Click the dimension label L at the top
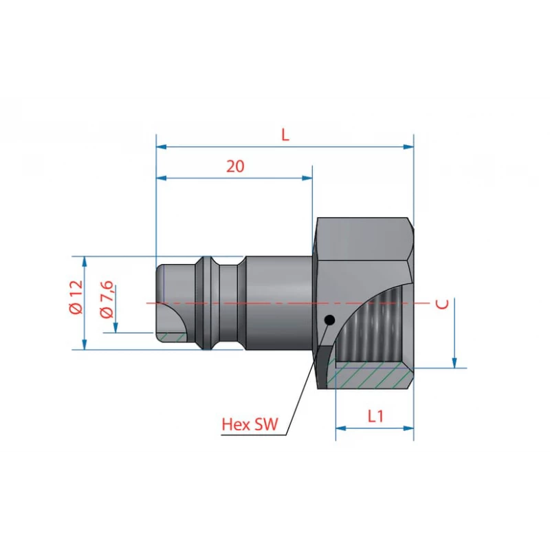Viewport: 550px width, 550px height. [x=285, y=135]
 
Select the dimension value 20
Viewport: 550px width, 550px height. [x=235, y=166]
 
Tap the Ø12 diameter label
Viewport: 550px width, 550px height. [x=76, y=297]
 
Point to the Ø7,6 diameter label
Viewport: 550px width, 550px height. [x=107, y=299]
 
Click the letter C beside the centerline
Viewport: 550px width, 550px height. [x=442, y=304]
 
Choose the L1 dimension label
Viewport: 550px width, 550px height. [x=375, y=416]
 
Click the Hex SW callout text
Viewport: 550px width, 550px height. [x=250, y=424]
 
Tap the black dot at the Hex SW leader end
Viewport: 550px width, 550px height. [x=330, y=320]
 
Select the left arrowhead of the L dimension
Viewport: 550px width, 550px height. [x=162, y=146]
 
